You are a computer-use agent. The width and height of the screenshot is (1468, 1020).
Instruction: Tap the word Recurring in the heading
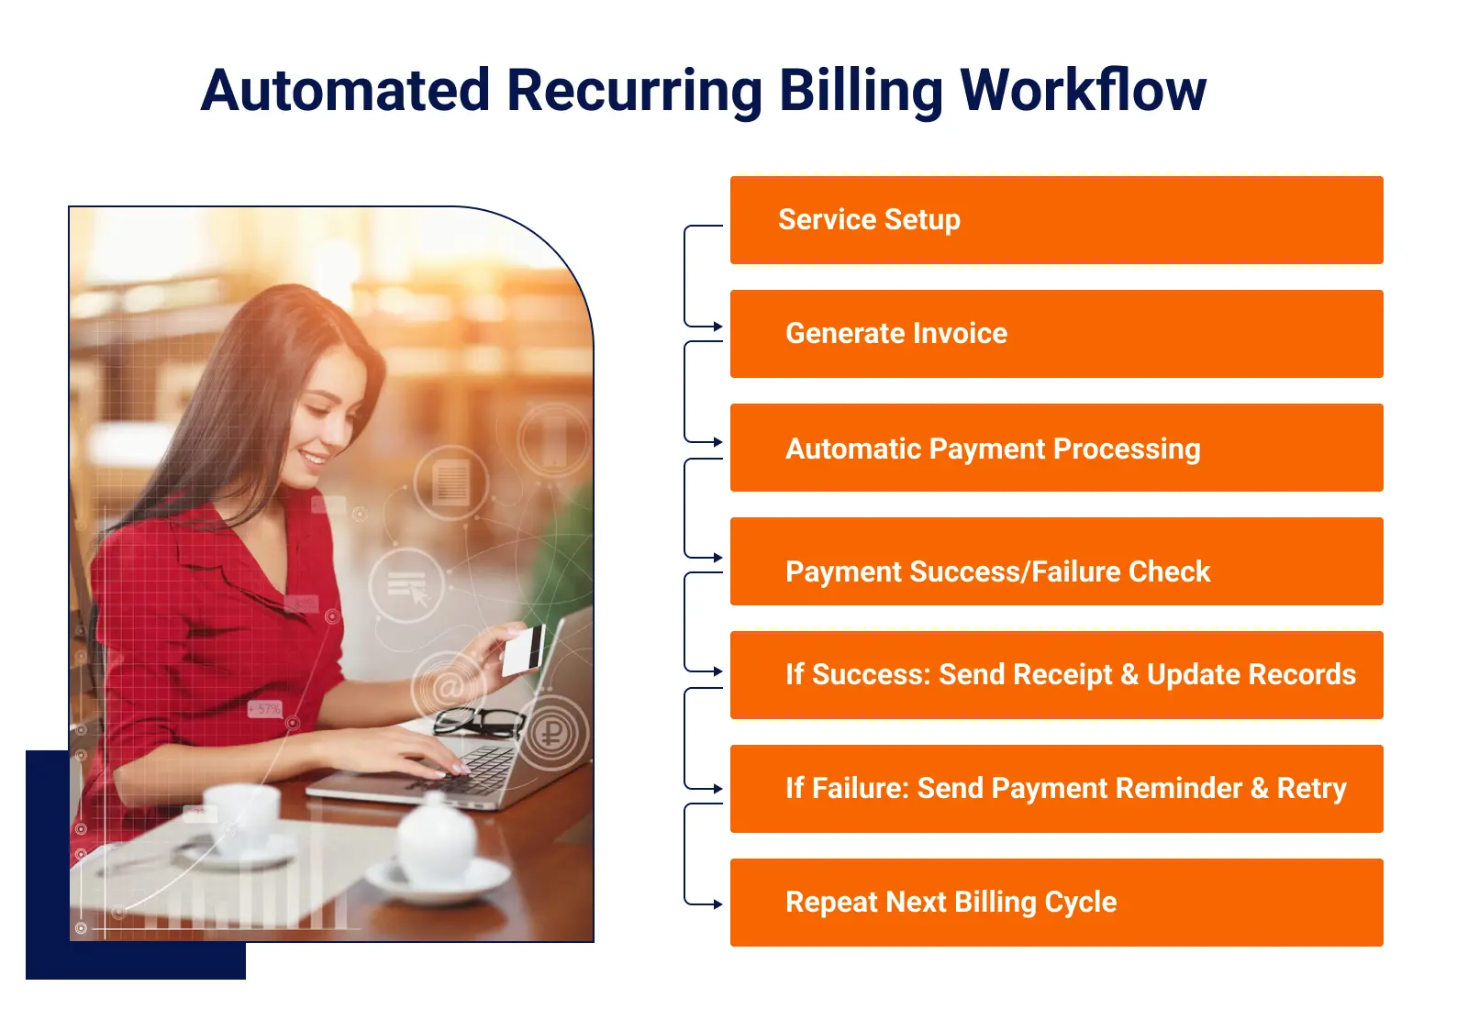634,91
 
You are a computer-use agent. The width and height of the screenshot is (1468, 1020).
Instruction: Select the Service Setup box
1056,220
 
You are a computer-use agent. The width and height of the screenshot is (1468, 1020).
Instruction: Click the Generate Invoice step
1056,334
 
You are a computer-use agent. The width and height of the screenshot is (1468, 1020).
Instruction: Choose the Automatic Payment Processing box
1056,449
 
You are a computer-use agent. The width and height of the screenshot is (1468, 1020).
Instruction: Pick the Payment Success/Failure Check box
1056,561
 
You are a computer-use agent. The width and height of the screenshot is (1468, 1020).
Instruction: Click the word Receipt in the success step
1025,675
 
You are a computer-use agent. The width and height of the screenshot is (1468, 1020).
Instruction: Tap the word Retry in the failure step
1311,789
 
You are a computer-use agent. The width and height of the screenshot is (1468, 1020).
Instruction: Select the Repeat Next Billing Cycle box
1056,903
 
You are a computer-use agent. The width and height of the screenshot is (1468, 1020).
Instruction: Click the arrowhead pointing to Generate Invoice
718,327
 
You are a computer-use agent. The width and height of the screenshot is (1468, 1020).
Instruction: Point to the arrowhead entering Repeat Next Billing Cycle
718,904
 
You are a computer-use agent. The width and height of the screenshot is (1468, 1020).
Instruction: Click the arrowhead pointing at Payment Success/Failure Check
718,558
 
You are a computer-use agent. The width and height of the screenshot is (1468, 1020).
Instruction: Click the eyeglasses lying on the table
478,721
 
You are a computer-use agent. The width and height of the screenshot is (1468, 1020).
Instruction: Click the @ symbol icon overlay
449,688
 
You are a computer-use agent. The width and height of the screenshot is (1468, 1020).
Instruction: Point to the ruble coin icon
550,733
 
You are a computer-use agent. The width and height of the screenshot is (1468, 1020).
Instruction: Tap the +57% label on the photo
265,709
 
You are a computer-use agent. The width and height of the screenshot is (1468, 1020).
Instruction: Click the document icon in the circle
450,482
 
